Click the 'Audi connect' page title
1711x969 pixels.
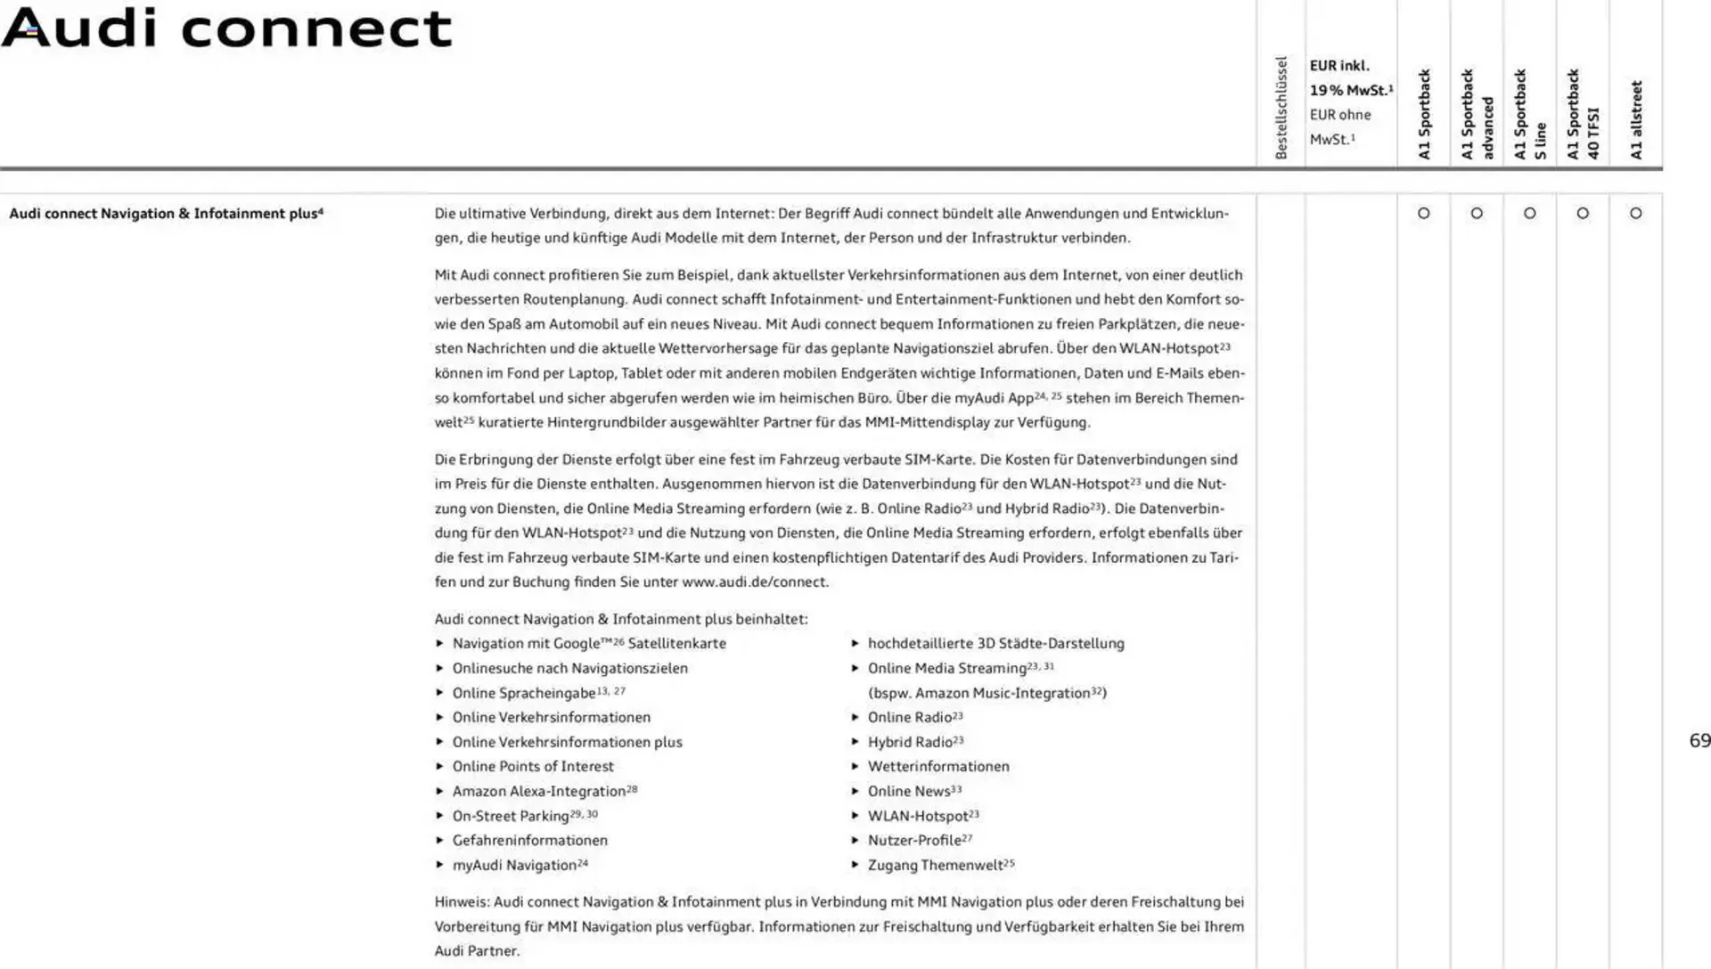click(x=227, y=28)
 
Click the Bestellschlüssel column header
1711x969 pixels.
click(x=1281, y=108)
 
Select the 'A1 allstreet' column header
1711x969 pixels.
click(x=1636, y=120)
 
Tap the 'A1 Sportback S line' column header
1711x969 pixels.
click(x=1530, y=114)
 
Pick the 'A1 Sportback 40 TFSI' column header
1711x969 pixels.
click(x=1583, y=114)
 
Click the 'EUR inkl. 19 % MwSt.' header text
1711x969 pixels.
click(x=1350, y=77)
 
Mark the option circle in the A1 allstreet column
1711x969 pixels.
click(x=1636, y=214)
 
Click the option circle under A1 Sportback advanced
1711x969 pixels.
click(x=1477, y=214)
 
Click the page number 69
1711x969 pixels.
click(x=1699, y=741)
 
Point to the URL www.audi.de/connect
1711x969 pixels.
click(x=755, y=582)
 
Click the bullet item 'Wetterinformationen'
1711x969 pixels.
click(x=938, y=767)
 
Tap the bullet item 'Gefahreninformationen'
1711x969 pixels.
click(x=529, y=841)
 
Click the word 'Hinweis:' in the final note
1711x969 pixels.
click(x=462, y=902)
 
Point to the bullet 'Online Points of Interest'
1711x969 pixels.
click(x=533, y=767)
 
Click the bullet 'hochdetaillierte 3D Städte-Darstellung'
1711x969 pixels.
click(x=995, y=644)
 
